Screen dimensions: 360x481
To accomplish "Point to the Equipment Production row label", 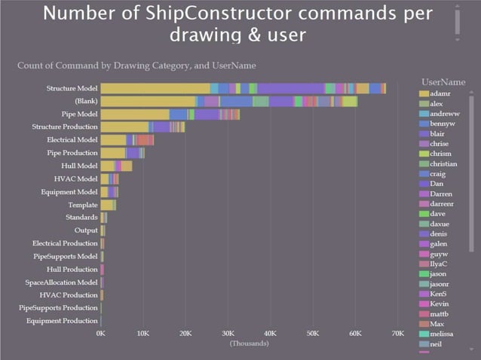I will pyautogui.click(x=62, y=321).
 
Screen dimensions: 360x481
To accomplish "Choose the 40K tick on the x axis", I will pyautogui.click(x=271, y=333).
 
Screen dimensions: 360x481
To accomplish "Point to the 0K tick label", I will pyautogui.click(x=101, y=333).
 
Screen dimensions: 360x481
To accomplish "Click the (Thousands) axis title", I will pyautogui.click(x=249, y=343).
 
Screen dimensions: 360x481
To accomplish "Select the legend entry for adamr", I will pyautogui.click(x=440, y=93).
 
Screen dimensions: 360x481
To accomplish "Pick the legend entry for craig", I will pyautogui.click(x=438, y=173).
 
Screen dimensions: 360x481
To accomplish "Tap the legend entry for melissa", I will pyautogui.click(x=442, y=334).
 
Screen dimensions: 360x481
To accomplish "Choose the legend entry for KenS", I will pyautogui.click(x=438, y=294).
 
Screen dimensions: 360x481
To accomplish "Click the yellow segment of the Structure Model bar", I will pyautogui.click(x=155, y=88).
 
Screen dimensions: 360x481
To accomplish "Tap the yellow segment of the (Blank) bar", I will pyautogui.click(x=148, y=101).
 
